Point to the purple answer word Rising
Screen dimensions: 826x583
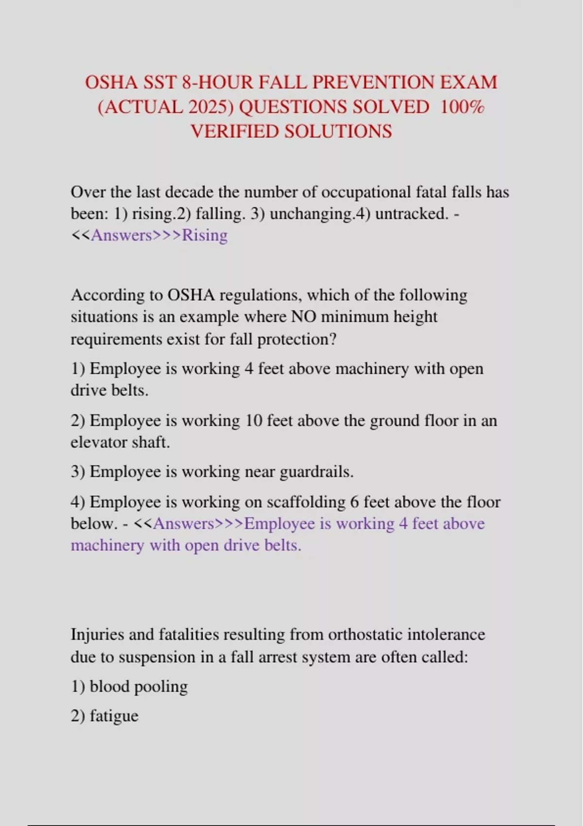coord(205,235)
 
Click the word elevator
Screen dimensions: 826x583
coord(100,442)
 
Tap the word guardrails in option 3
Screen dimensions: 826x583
coord(316,472)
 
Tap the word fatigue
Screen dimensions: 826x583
coord(114,716)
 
